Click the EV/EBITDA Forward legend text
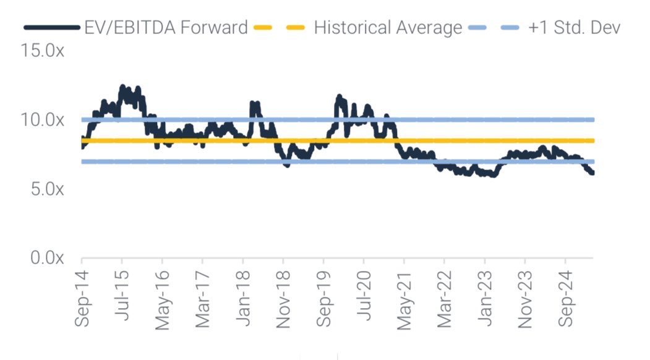(x=166, y=27)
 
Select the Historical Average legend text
(x=388, y=27)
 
